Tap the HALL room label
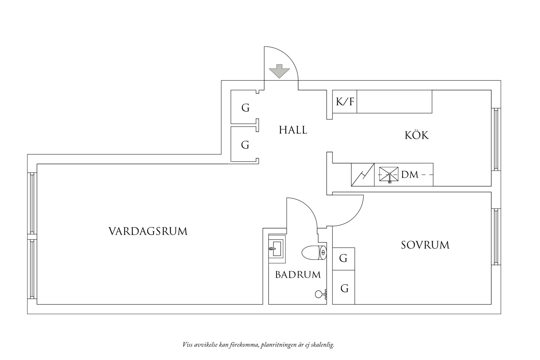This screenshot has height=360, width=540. click(293, 130)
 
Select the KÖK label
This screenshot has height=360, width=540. click(417, 135)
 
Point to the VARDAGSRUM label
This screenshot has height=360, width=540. click(148, 231)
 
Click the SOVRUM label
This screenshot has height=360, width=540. click(425, 245)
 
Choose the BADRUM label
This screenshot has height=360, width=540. click(298, 275)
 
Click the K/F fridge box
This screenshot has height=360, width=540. click(345, 102)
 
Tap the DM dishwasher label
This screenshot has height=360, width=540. click(410, 175)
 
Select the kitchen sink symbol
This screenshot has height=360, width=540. click(389, 175)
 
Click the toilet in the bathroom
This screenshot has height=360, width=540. click(314, 253)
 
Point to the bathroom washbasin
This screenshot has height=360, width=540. click(276, 249)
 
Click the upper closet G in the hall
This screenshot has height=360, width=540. click(245, 108)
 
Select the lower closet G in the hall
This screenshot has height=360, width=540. click(245, 145)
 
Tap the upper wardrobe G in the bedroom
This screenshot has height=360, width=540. click(343, 258)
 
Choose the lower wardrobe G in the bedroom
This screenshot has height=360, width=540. click(344, 288)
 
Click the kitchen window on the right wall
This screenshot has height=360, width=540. click(496, 140)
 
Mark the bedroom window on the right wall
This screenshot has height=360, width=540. click(496, 237)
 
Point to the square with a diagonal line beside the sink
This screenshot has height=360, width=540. click(363, 175)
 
